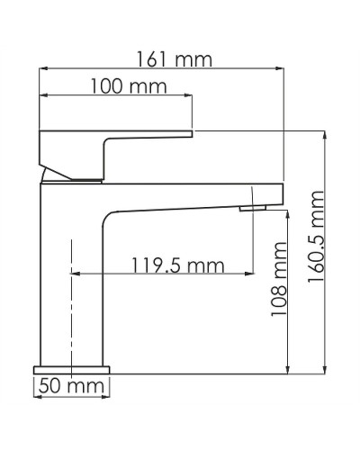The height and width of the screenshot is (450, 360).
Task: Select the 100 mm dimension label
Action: pyautogui.click(x=122, y=87)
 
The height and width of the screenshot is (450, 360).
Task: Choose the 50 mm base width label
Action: pyautogui.click(x=69, y=387)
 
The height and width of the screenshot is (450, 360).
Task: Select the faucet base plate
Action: pyautogui.click(x=72, y=368)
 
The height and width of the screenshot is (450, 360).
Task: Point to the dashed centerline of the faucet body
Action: pyautogui.click(x=70, y=297)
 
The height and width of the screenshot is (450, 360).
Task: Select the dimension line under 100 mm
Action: pyautogui.click(x=117, y=98)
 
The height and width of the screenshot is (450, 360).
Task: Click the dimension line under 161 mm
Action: pyautogui.click(x=162, y=71)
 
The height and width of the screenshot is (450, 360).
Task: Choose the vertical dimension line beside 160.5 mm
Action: pyautogui.click(x=327, y=252)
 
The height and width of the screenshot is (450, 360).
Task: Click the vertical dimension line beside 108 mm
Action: pyautogui.click(x=287, y=297)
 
